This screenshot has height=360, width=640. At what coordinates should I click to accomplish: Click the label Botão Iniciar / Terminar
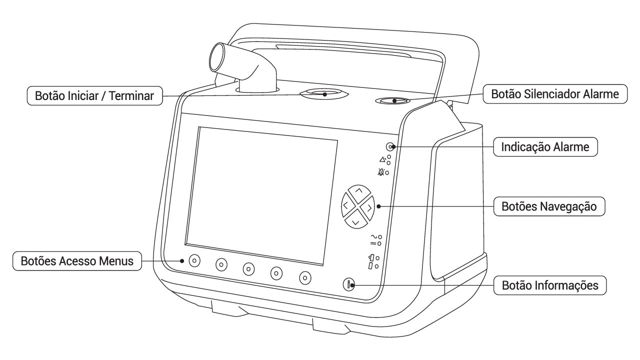(x=94, y=95)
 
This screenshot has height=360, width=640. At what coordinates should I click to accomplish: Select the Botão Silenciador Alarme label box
(x=555, y=94)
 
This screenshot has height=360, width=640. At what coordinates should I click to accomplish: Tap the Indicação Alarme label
(x=545, y=147)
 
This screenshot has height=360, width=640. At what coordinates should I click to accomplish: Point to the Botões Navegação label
(x=549, y=206)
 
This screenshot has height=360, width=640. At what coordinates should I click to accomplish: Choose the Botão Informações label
(x=550, y=285)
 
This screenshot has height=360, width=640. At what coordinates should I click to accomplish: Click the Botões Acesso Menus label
(x=77, y=261)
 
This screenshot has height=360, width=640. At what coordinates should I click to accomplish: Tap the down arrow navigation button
(x=355, y=220)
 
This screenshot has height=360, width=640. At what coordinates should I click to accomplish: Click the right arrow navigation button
(x=367, y=208)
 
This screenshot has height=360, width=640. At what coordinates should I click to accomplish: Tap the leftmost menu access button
(x=194, y=260)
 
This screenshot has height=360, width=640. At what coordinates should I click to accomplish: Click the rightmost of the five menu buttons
(x=305, y=277)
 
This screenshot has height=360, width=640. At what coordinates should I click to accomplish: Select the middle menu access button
(x=248, y=269)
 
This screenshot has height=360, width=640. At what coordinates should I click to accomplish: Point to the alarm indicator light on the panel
(x=389, y=147)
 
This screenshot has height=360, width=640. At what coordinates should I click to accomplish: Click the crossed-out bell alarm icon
(x=381, y=172)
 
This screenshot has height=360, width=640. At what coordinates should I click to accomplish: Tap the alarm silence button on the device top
(x=392, y=101)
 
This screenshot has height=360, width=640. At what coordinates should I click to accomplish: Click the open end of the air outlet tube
(x=219, y=57)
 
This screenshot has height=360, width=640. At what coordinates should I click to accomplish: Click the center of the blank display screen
(x=261, y=196)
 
